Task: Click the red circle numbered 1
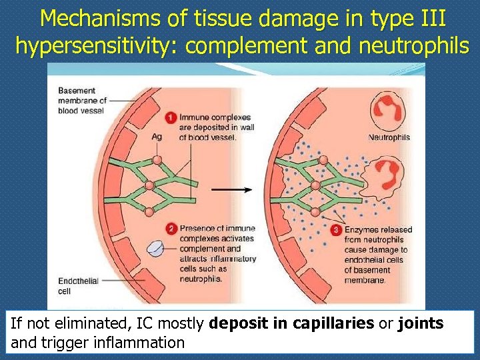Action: click(171, 118)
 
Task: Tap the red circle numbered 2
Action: click(171, 229)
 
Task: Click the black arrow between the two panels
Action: click(231, 189)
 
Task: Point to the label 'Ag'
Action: click(157, 137)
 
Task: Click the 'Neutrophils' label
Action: click(389, 137)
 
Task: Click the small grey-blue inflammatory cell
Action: click(155, 249)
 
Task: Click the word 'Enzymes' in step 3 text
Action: click(361, 230)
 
